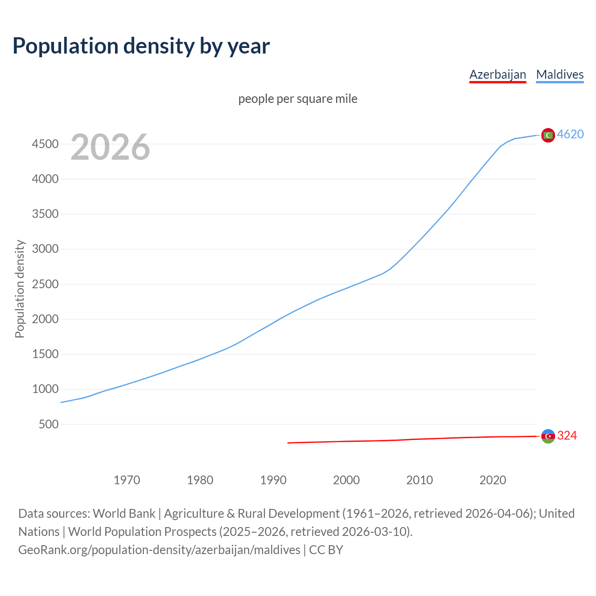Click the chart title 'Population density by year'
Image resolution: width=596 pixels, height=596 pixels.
(141, 46)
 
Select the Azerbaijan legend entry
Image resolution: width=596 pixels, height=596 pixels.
(497, 74)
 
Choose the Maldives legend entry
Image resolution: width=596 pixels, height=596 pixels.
(560, 74)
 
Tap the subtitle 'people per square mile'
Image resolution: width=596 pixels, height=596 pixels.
(298, 99)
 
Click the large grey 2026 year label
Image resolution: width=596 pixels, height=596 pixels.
(110, 147)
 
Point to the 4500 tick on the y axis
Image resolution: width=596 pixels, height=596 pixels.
(45, 144)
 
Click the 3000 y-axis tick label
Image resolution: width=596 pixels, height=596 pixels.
(45, 249)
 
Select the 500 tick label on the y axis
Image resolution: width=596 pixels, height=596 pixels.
(48, 424)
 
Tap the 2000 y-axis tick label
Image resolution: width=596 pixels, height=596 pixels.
(45, 319)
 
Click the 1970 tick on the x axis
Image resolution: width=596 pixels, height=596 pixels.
(127, 480)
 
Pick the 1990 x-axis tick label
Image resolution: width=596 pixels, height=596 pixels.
(273, 480)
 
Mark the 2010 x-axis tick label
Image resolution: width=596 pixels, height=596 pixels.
(420, 480)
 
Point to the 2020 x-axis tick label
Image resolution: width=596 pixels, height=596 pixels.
(493, 480)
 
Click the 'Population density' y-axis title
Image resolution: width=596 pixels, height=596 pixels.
(20, 289)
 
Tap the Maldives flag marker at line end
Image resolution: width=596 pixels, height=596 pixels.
(548, 135)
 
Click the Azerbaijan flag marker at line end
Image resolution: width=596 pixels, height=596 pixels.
(548, 436)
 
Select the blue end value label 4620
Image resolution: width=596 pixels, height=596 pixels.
(570, 135)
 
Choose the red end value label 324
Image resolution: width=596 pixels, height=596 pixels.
(567, 436)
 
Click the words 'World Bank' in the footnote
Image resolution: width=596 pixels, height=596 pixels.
(124, 514)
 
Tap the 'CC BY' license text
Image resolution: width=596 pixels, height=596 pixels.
(326, 550)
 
